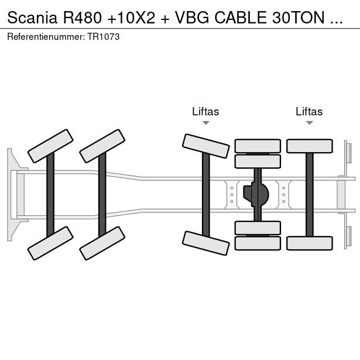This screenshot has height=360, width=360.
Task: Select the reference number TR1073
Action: point(104,36)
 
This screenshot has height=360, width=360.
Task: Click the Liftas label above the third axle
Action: point(205,111)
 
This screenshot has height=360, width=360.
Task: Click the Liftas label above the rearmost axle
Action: point(309,111)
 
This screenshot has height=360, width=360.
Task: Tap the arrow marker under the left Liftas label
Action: point(205,122)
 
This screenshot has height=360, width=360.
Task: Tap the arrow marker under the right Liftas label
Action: point(309,122)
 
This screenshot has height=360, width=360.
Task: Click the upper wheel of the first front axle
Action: point(50,146)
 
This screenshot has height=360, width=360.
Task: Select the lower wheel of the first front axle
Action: point(50,243)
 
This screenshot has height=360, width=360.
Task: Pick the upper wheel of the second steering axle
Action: point(102,146)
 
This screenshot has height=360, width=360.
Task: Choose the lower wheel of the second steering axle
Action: point(102,243)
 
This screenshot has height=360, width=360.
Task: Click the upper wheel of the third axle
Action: point(205,146)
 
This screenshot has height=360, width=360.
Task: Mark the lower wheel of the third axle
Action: point(205,243)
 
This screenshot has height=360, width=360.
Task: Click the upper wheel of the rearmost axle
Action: point(309,146)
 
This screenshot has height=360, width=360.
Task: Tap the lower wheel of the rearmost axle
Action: point(309,243)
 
